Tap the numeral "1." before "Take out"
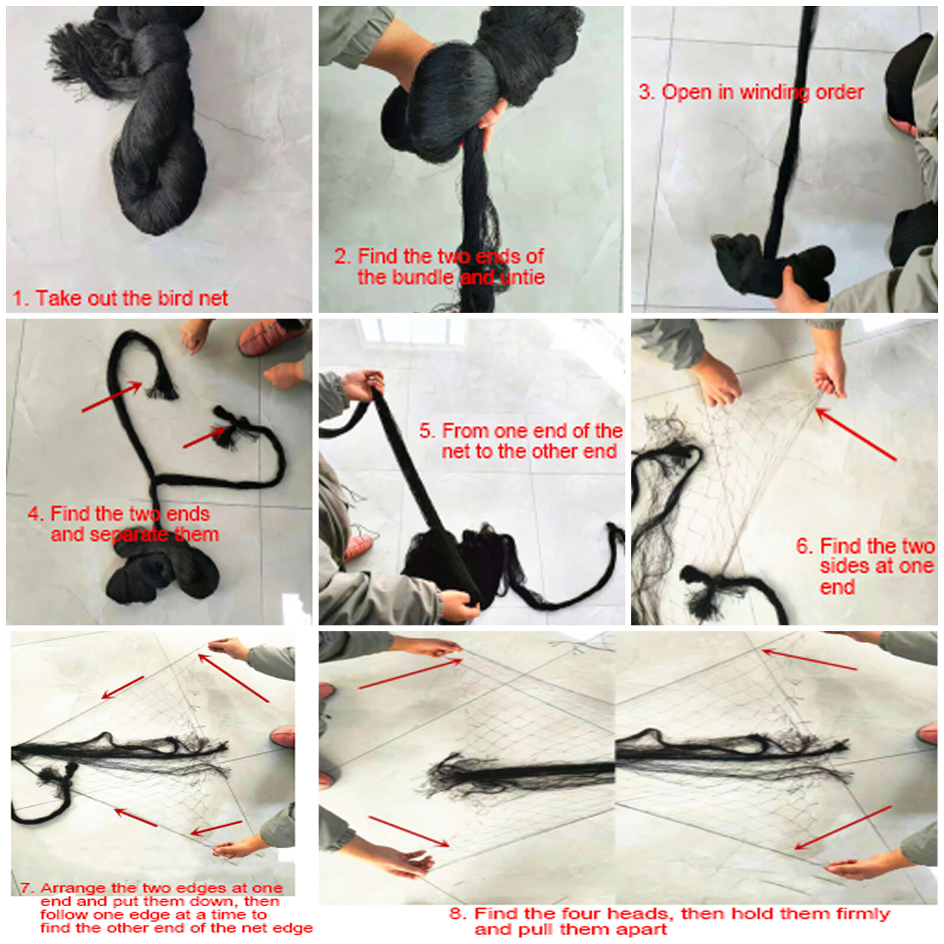click(x=21, y=298)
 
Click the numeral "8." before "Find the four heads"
click(x=458, y=913)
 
